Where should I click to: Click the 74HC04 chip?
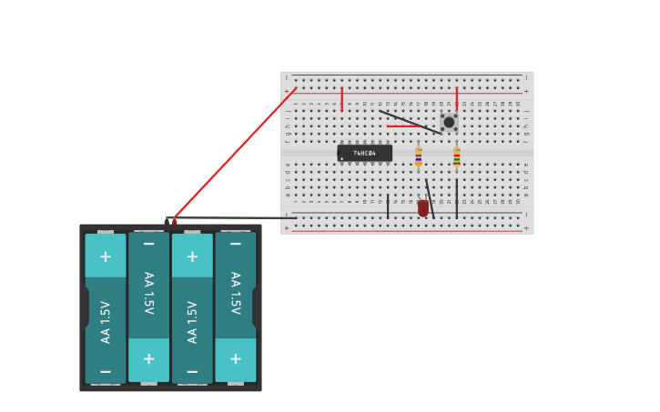(365, 153)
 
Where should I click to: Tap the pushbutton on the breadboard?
(449, 122)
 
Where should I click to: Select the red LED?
(423, 208)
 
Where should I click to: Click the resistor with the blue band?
(419, 156)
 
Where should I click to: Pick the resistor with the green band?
(457, 156)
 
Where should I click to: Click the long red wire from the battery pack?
(235, 153)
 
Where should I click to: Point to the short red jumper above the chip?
(342, 98)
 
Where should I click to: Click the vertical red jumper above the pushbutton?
(457, 98)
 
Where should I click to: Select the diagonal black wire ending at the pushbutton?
(409, 122)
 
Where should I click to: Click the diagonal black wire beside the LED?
(430, 198)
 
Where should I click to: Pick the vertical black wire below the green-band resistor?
(457, 198)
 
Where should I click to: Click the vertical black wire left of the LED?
(388, 206)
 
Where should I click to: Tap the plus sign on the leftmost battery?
(106, 256)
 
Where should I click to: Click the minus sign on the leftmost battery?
(106, 371)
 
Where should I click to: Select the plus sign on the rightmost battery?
(236, 358)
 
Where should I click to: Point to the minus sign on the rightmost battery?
(236, 244)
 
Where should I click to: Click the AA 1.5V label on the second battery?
(148, 293)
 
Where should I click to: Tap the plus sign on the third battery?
(192, 256)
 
